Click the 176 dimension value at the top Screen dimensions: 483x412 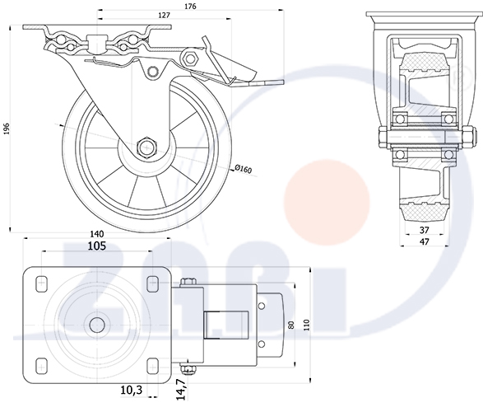pos(190,6)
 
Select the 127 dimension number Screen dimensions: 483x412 pos(165,15)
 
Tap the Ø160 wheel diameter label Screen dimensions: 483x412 pos(244,169)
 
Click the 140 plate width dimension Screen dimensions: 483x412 pos(97,234)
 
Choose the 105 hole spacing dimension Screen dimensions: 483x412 pos(97,246)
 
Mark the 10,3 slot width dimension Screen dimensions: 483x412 pos(132,390)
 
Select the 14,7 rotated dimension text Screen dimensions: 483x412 pos(182,390)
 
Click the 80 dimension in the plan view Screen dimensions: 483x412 pos(292,325)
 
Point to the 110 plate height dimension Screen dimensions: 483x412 pos(306,325)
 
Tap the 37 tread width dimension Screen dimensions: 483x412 pos(425,230)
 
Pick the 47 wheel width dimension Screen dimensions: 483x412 pos(425,241)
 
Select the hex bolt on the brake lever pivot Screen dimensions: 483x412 pos(190,58)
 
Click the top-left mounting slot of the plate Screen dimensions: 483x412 pos(42,284)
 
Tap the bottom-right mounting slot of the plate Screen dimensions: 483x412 pos(153,366)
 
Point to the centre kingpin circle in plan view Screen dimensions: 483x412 pos(97,325)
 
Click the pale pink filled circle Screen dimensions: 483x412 pos(327,203)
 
